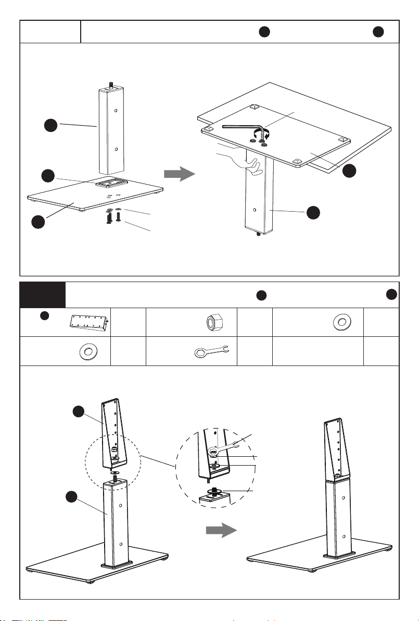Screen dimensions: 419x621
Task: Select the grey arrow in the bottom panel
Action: pos(220,530)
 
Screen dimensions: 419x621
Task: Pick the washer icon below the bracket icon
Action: pos(86,352)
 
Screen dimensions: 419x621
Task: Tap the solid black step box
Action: pos(43,295)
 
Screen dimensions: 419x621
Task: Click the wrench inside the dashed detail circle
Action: pos(226,444)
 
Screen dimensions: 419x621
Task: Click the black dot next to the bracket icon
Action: pos(45,315)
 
